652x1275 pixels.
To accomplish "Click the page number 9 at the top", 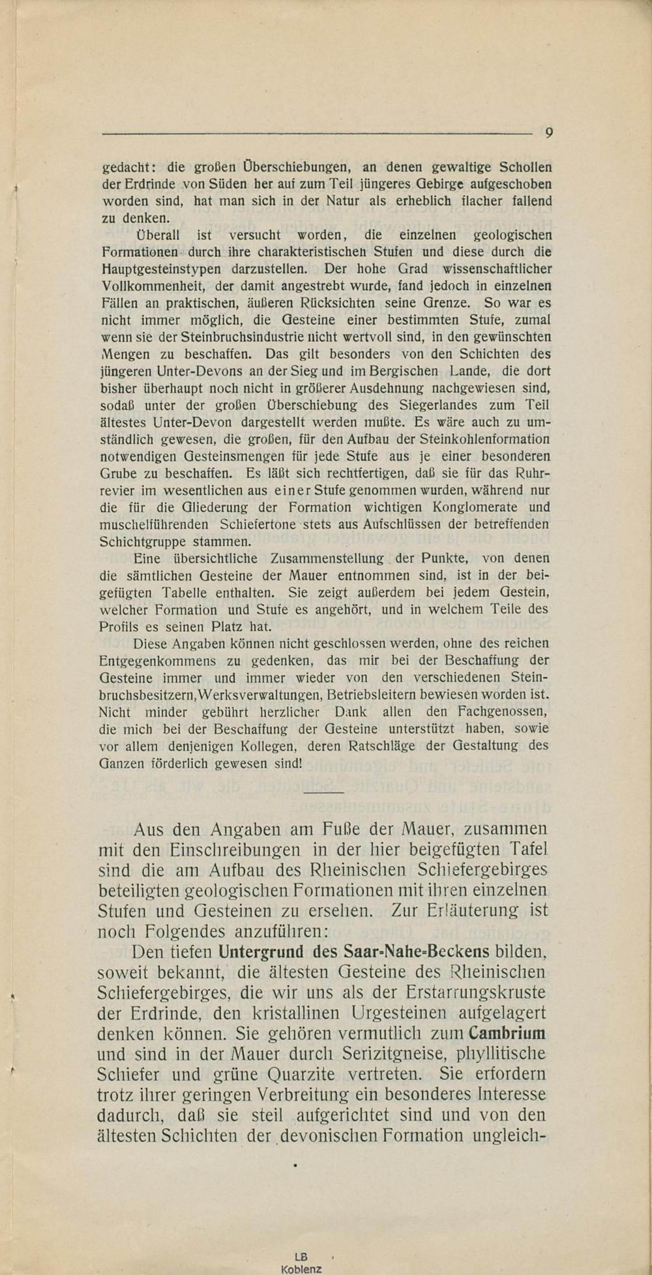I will [x=549, y=133].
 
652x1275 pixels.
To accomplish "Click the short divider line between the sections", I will [x=323, y=792].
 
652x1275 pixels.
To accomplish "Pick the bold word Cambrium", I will [x=507, y=1033].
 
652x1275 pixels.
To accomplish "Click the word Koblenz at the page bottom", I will [x=301, y=1269].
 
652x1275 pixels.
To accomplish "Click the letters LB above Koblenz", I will [x=301, y=1257].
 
